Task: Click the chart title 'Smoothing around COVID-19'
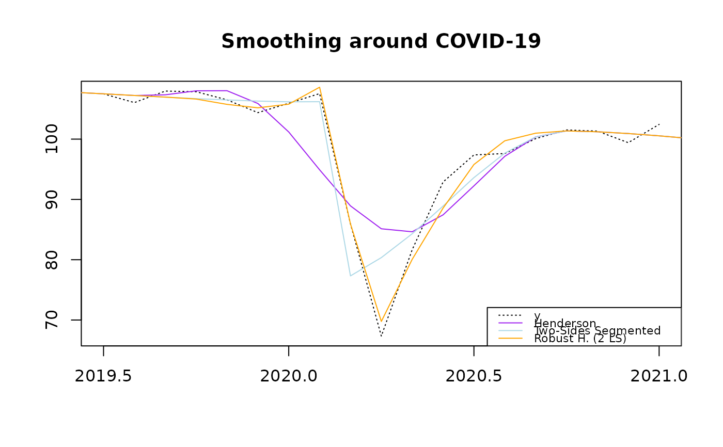click(381, 41)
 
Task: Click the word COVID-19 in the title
click(488, 41)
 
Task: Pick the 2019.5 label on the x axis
click(103, 376)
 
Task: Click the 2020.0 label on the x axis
click(289, 376)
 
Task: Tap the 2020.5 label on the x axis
click(474, 376)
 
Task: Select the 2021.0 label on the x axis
click(658, 376)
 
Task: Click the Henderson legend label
click(565, 324)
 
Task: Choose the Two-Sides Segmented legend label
click(598, 331)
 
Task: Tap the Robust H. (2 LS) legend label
click(580, 339)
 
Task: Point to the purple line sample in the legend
click(510, 323)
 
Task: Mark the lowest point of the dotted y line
click(381, 337)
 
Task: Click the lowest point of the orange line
click(381, 322)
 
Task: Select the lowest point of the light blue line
click(350, 276)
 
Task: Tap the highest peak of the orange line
click(320, 87)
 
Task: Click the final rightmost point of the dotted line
click(659, 124)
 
